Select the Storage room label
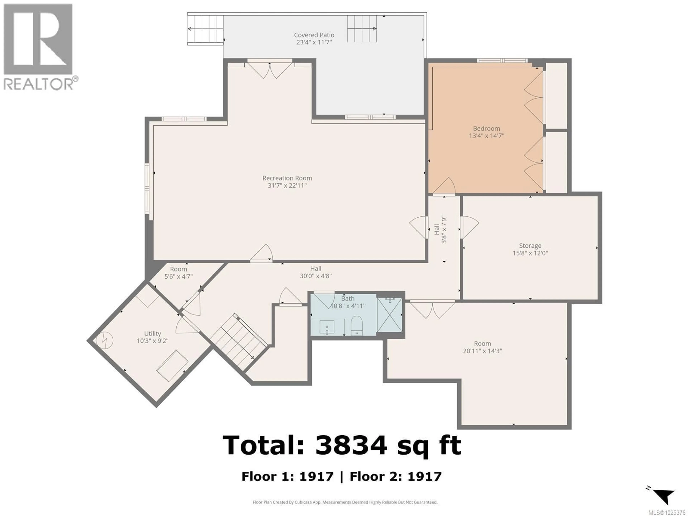[x=530, y=246]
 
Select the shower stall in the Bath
[x=389, y=315]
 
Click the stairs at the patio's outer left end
[x=205, y=29]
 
